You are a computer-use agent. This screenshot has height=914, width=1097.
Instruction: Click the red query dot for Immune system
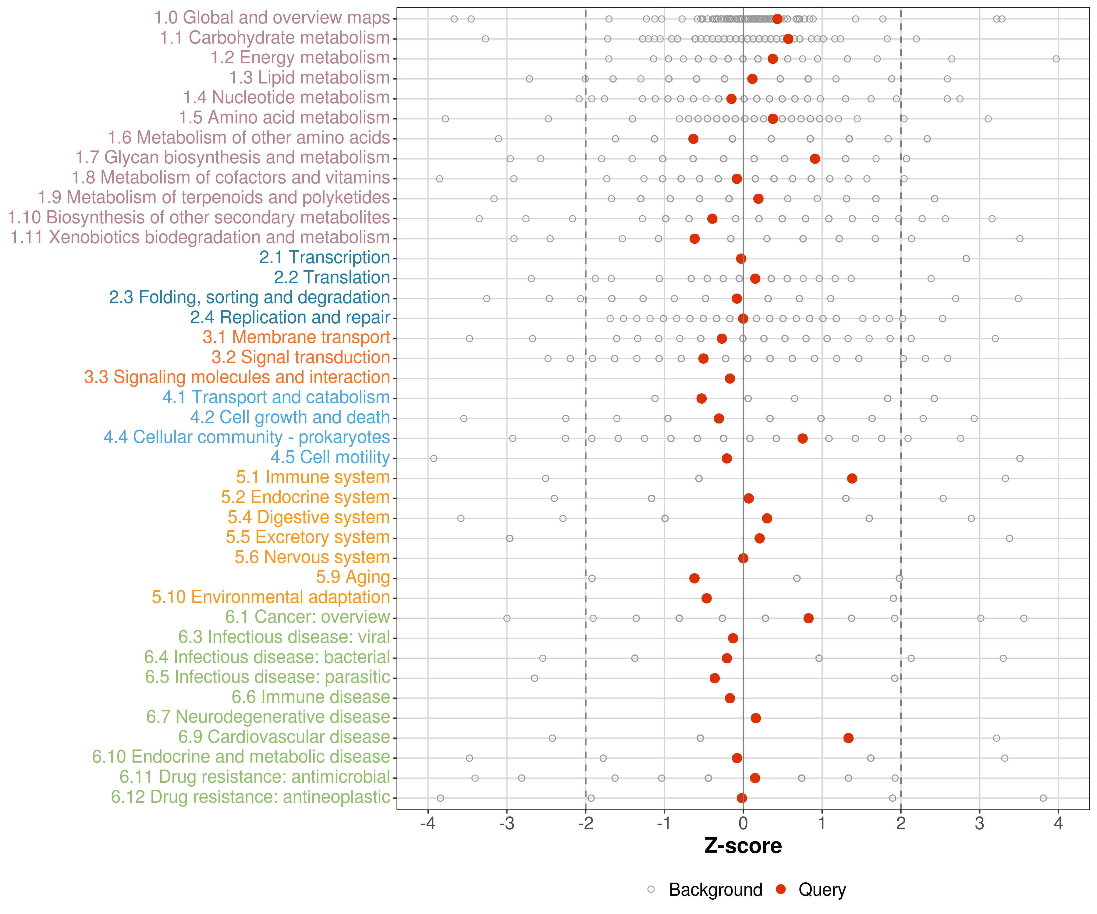tap(852, 478)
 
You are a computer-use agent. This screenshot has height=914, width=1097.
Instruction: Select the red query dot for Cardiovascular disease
tap(848, 738)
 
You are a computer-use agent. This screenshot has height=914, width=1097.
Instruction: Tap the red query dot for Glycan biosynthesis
tap(815, 159)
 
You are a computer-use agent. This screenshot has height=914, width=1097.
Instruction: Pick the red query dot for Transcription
tap(741, 259)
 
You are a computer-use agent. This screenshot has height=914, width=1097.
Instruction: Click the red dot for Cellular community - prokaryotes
tap(802, 438)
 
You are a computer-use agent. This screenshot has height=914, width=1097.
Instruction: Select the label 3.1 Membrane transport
tap(296, 337)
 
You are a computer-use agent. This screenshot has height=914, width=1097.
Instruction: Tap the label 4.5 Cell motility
tap(330, 458)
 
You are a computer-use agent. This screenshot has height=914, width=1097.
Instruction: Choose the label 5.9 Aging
tap(353, 577)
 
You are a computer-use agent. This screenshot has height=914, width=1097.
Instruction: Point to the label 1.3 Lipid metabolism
tap(309, 78)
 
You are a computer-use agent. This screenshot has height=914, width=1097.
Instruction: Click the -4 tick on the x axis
tap(428, 824)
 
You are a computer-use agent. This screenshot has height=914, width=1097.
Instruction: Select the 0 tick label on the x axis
tap(743, 824)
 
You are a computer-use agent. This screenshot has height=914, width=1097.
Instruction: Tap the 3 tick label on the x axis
tap(979, 824)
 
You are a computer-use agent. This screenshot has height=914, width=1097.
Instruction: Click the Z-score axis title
tap(743, 845)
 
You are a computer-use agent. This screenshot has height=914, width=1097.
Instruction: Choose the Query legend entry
tap(811, 889)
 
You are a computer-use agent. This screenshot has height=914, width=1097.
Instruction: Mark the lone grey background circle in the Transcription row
tap(966, 259)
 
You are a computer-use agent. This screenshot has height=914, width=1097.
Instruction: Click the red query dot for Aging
tap(694, 578)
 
